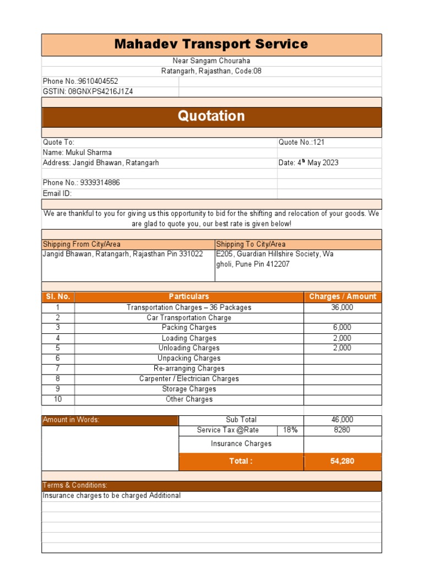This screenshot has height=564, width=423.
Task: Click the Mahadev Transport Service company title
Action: [211, 45]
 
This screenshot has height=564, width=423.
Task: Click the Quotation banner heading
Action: [211, 116]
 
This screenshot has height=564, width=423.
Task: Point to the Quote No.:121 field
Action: [302, 142]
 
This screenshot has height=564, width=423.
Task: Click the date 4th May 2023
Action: [308, 162]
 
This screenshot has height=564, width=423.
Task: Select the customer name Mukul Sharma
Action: [77, 153]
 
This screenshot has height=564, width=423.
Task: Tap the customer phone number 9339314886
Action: [82, 183]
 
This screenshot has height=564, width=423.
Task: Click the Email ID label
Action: [57, 193]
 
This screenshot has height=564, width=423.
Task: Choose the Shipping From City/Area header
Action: [82, 245]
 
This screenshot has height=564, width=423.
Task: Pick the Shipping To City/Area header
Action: [251, 245]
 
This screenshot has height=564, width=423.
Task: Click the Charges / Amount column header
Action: [343, 297]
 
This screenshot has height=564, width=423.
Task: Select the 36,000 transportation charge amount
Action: [342, 307]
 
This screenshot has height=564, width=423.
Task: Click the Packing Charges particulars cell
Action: [189, 328]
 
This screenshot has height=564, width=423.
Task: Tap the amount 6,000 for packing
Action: [342, 328]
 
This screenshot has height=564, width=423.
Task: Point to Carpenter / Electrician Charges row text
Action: [189, 379]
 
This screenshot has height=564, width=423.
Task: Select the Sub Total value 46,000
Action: [342, 420]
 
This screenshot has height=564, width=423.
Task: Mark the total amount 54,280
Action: [342, 461]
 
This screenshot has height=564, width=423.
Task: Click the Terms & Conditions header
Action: [75, 485]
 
